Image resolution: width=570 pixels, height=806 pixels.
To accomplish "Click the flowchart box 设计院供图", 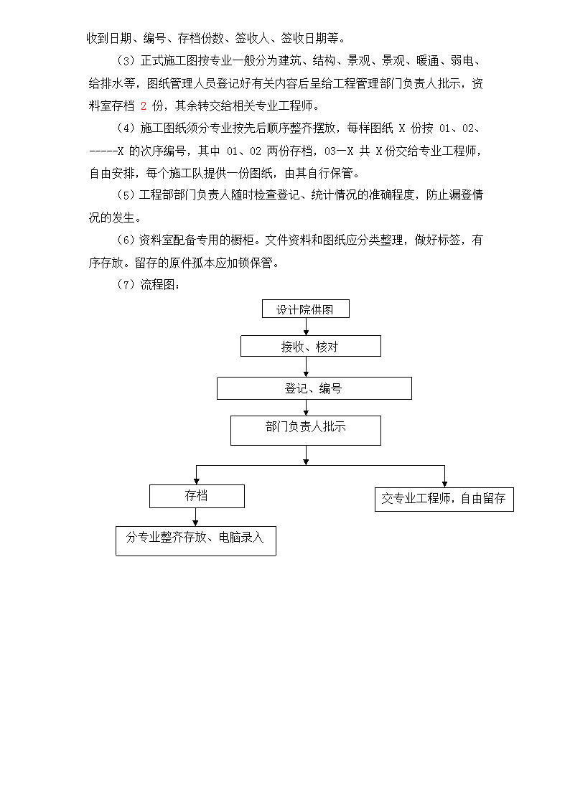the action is [x=305, y=309].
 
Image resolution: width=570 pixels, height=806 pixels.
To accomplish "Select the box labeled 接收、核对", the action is [x=310, y=346].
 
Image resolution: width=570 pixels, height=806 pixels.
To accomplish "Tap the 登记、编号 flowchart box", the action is [x=314, y=388].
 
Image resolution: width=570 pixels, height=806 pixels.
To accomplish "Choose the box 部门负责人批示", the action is [x=305, y=430].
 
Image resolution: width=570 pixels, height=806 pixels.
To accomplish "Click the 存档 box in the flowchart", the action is [x=197, y=496].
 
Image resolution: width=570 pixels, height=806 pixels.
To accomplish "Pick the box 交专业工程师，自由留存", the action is [x=444, y=499].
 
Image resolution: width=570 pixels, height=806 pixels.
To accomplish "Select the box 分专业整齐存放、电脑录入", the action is [x=196, y=540].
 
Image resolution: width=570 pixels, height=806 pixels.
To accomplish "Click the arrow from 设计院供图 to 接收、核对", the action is [x=307, y=327].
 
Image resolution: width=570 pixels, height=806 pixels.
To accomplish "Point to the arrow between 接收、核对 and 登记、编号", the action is [x=307, y=367].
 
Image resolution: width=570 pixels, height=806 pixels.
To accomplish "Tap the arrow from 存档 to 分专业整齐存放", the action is [x=196, y=517].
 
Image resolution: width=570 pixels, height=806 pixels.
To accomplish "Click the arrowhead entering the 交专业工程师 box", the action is [x=444, y=484].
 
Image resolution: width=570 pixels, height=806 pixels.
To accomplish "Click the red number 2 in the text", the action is [x=144, y=106].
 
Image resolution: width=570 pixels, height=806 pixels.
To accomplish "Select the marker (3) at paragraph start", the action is [x=126, y=61].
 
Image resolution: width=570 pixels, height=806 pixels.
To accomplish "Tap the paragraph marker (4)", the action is [x=126, y=128].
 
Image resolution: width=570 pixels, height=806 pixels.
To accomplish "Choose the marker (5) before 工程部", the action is [x=126, y=195].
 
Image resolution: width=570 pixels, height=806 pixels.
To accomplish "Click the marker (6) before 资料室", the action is [x=126, y=240].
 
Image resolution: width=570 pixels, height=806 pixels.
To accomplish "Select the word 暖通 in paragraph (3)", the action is [x=428, y=61].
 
